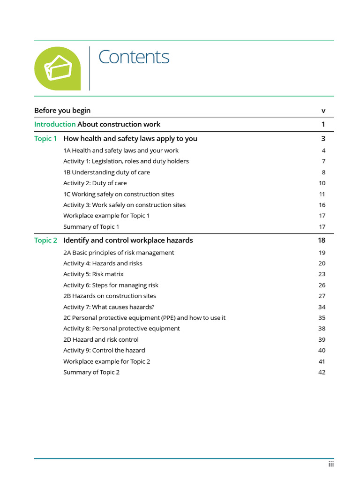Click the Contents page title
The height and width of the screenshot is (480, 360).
[x=134, y=57]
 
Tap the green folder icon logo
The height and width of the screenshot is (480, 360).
[x=57, y=68]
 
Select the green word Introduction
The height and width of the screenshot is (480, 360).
[x=55, y=124]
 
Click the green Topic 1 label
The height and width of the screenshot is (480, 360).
[x=45, y=139]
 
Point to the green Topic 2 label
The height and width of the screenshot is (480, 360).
[x=45, y=240]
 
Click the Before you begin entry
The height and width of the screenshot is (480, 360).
[x=62, y=111]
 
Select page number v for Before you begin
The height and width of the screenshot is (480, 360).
[x=323, y=111]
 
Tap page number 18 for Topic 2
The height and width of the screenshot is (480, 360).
[x=321, y=240]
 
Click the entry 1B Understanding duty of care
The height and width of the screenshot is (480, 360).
[x=106, y=172]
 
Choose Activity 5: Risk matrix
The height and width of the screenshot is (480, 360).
[x=93, y=274]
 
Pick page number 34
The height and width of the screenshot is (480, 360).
[x=322, y=307]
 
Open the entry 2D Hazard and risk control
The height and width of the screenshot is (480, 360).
[x=101, y=340]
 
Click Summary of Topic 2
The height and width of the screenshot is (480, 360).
[x=91, y=373]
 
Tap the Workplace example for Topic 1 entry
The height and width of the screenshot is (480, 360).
[x=106, y=216]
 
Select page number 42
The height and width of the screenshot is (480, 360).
[x=322, y=373]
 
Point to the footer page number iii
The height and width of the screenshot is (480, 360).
[x=330, y=465]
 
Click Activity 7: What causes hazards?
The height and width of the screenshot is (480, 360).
[x=109, y=307]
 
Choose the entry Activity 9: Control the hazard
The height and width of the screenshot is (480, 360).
[x=104, y=351]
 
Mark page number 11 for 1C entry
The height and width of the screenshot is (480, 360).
[x=322, y=194]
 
